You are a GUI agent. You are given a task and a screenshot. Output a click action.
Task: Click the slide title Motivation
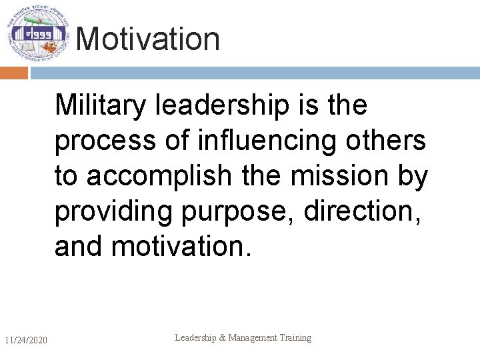[147, 39]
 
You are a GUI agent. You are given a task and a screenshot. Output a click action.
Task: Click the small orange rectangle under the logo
[13, 73]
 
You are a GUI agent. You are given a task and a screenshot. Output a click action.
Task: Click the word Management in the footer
[253, 338]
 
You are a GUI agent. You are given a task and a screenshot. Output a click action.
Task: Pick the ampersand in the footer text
[223, 338]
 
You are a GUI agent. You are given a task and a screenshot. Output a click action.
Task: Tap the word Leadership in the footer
[196, 338]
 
